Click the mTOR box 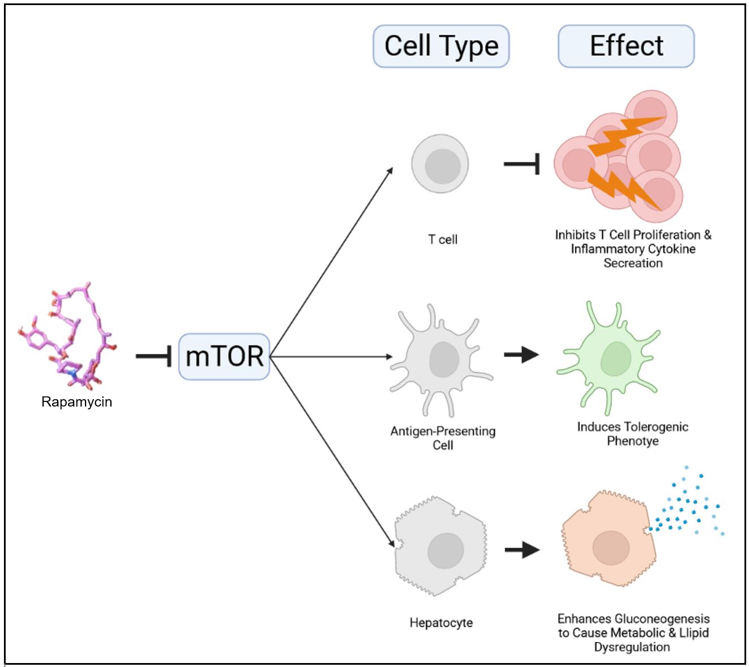point(224,357)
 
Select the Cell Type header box point(441,46)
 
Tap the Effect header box point(626,46)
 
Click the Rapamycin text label point(76,402)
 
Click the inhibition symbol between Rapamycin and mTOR point(154,357)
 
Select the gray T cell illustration point(440,164)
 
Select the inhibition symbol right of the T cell point(522,164)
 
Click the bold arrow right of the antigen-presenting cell point(521,355)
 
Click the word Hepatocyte point(441,623)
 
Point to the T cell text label point(443,240)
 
